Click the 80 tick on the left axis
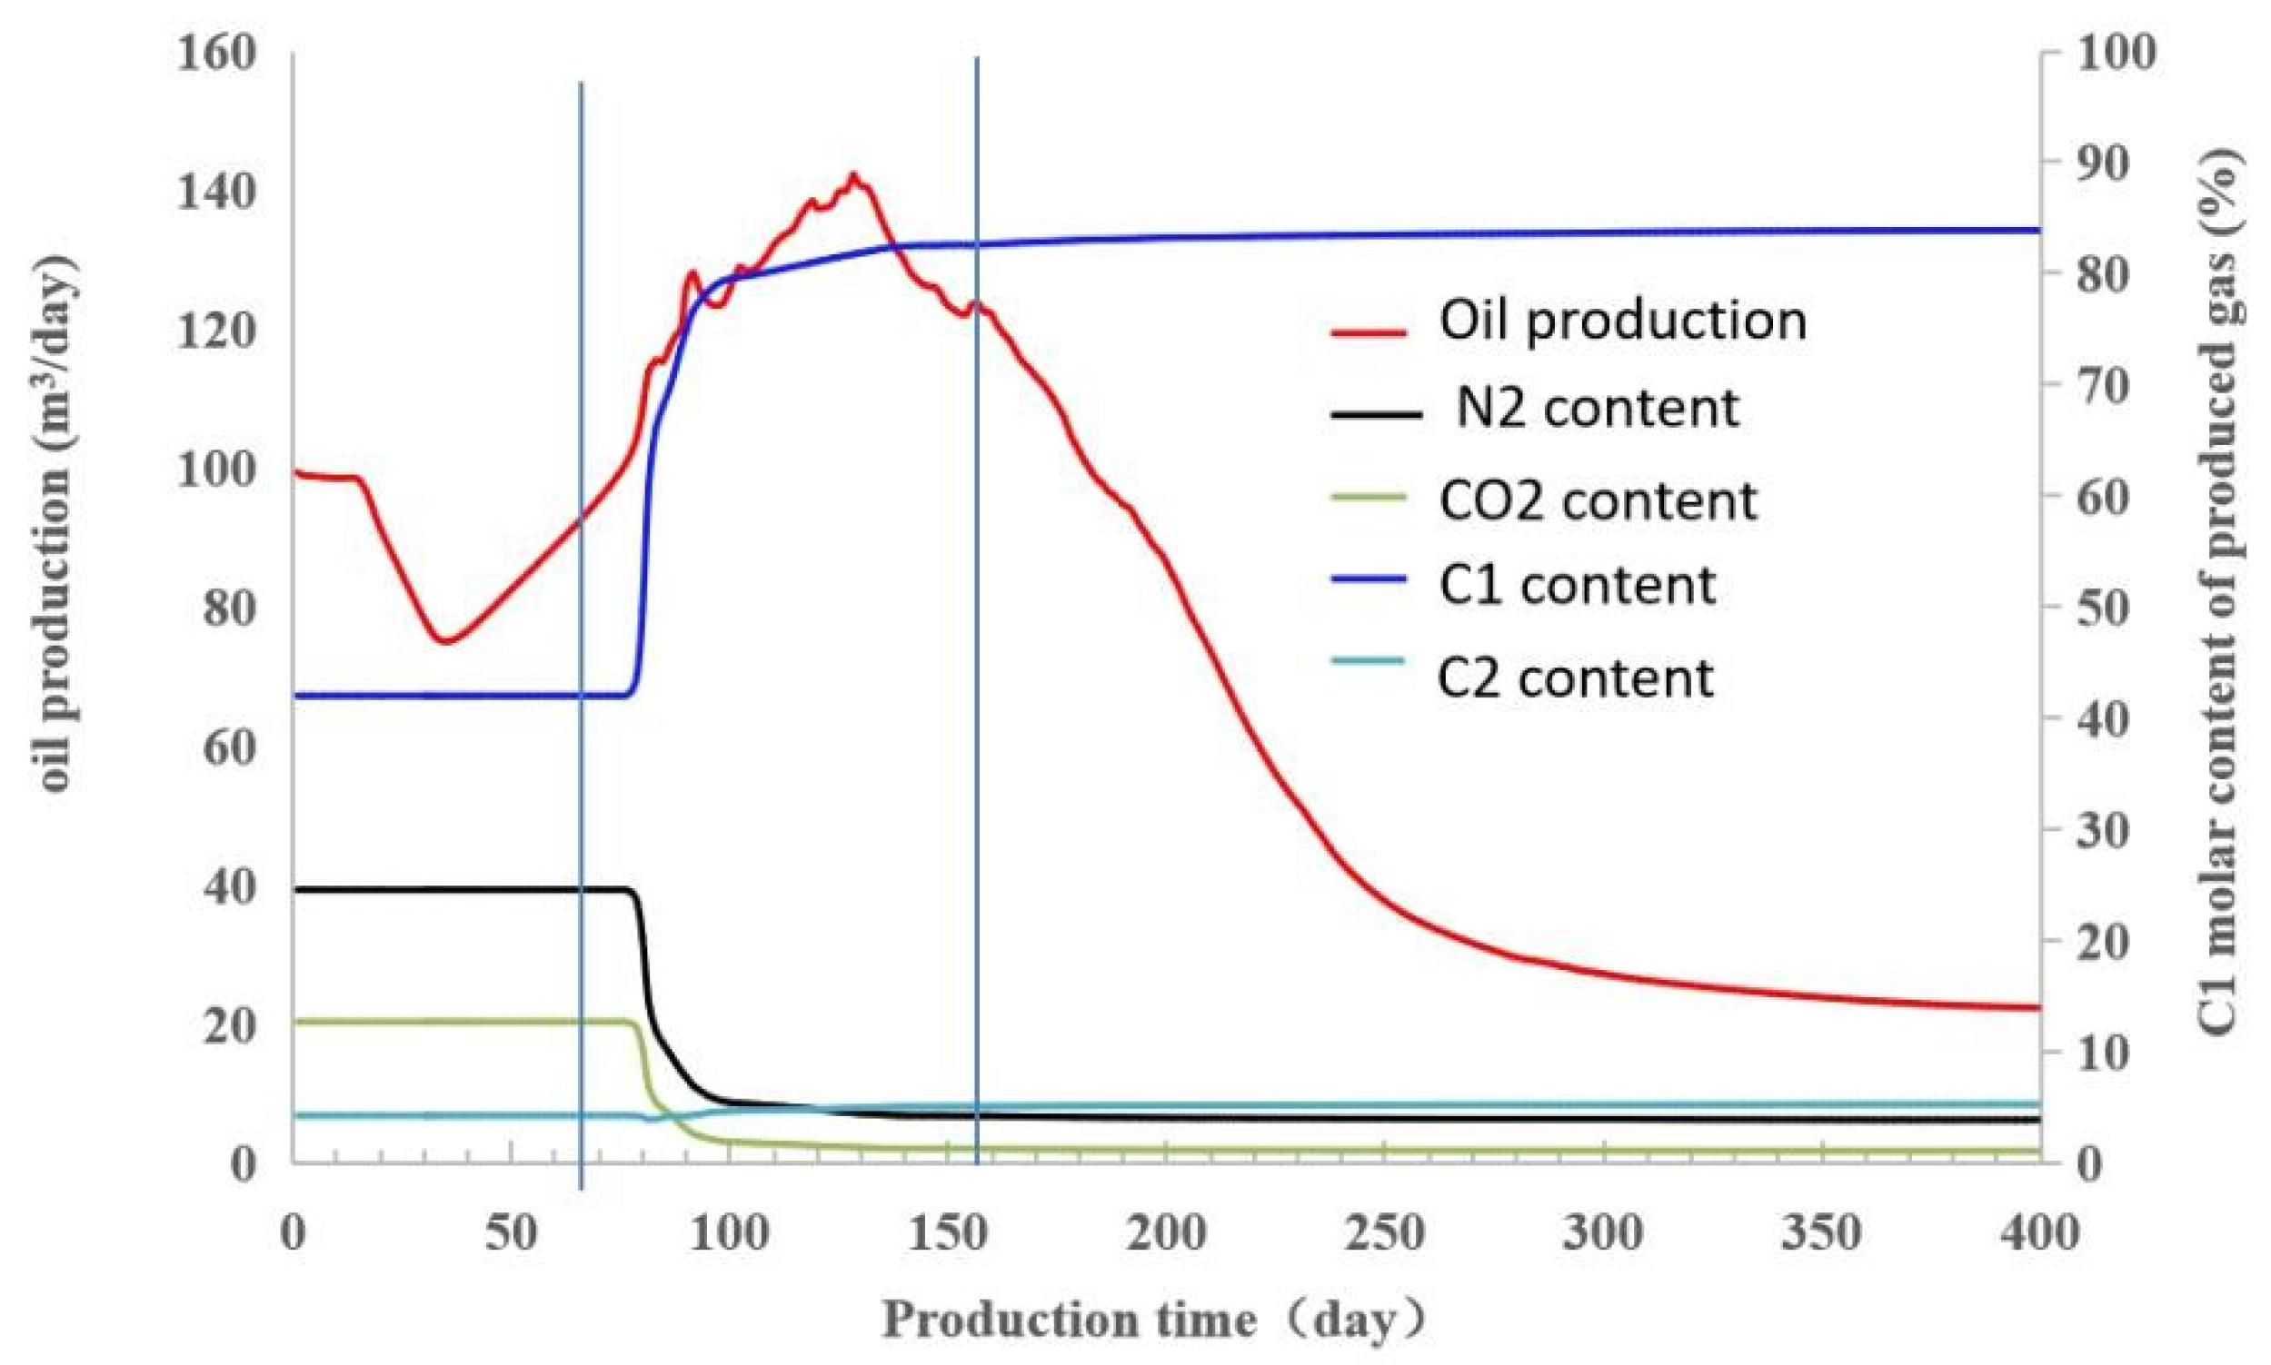[x=228, y=608]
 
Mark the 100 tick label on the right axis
[x=2114, y=53]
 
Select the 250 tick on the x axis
[x=1384, y=1232]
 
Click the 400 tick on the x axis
[x=2039, y=1232]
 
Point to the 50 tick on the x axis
[x=511, y=1232]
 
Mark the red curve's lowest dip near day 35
[x=445, y=641]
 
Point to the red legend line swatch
[x=1369, y=332]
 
